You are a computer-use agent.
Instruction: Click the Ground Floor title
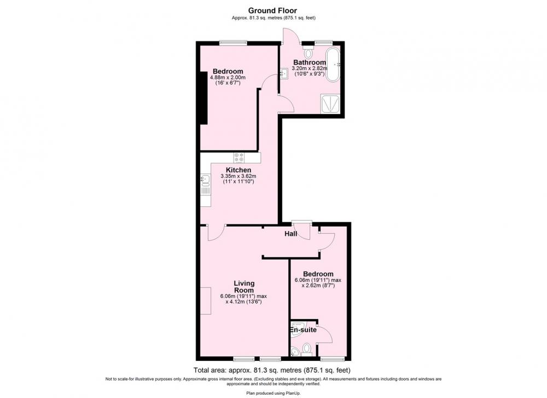click(272, 11)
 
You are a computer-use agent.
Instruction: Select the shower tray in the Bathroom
click(329, 104)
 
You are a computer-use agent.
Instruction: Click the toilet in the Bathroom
click(308, 52)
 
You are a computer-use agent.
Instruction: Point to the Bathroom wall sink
click(284, 74)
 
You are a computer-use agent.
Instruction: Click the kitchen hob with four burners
click(240, 158)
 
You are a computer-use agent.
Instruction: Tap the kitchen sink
click(205, 179)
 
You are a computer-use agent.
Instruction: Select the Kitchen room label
click(238, 170)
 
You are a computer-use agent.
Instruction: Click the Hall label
click(291, 234)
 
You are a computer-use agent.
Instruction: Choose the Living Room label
click(244, 287)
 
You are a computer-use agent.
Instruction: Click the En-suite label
click(303, 330)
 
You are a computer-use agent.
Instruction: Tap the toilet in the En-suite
click(307, 349)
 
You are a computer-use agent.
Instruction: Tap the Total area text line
click(272, 370)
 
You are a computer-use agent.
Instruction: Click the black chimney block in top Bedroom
click(203, 98)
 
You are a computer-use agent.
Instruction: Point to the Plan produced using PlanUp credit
click(273, 393)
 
